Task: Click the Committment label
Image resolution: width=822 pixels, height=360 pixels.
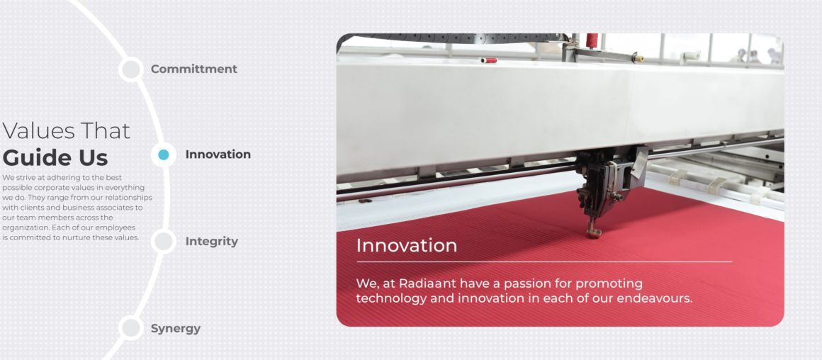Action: point(193,69)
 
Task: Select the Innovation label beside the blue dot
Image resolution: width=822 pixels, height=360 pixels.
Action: point(218,154)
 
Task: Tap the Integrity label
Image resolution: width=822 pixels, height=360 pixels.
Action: point(211,242)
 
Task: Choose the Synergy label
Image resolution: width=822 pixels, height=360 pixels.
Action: point(175,329)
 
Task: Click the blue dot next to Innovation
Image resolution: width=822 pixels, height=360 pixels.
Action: point(164,154)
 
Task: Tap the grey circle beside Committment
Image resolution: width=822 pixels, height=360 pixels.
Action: point(130,69)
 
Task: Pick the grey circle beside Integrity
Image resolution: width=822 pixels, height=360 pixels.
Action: point(164,242)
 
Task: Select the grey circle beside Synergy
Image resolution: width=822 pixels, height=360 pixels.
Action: point(130,328)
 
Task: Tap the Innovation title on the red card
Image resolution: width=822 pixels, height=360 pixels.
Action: point(406,246)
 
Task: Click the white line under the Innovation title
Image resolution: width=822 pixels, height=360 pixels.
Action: point(544,261)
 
